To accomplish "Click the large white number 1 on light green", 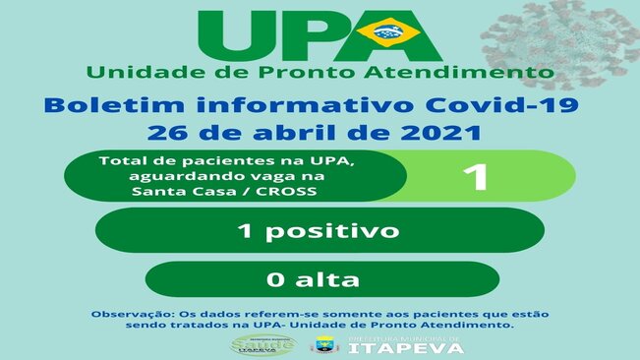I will (x=476, y=177).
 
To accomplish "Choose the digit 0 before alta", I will (x=275, y=279).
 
